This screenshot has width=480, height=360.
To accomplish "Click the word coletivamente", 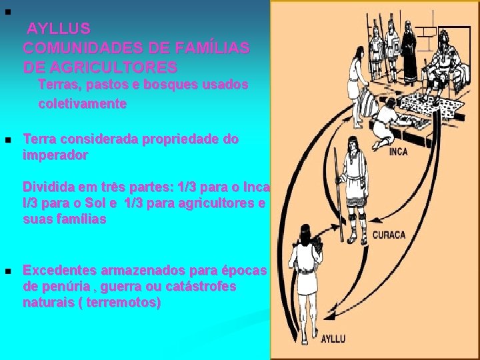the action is tap(83, 104).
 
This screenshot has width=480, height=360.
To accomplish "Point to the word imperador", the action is tap(55, 155).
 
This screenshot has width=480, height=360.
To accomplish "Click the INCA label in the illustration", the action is tap(398, 152).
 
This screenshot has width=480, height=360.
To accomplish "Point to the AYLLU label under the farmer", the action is tap(333, 339).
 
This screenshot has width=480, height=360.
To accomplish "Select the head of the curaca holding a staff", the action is tap(351, 158).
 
